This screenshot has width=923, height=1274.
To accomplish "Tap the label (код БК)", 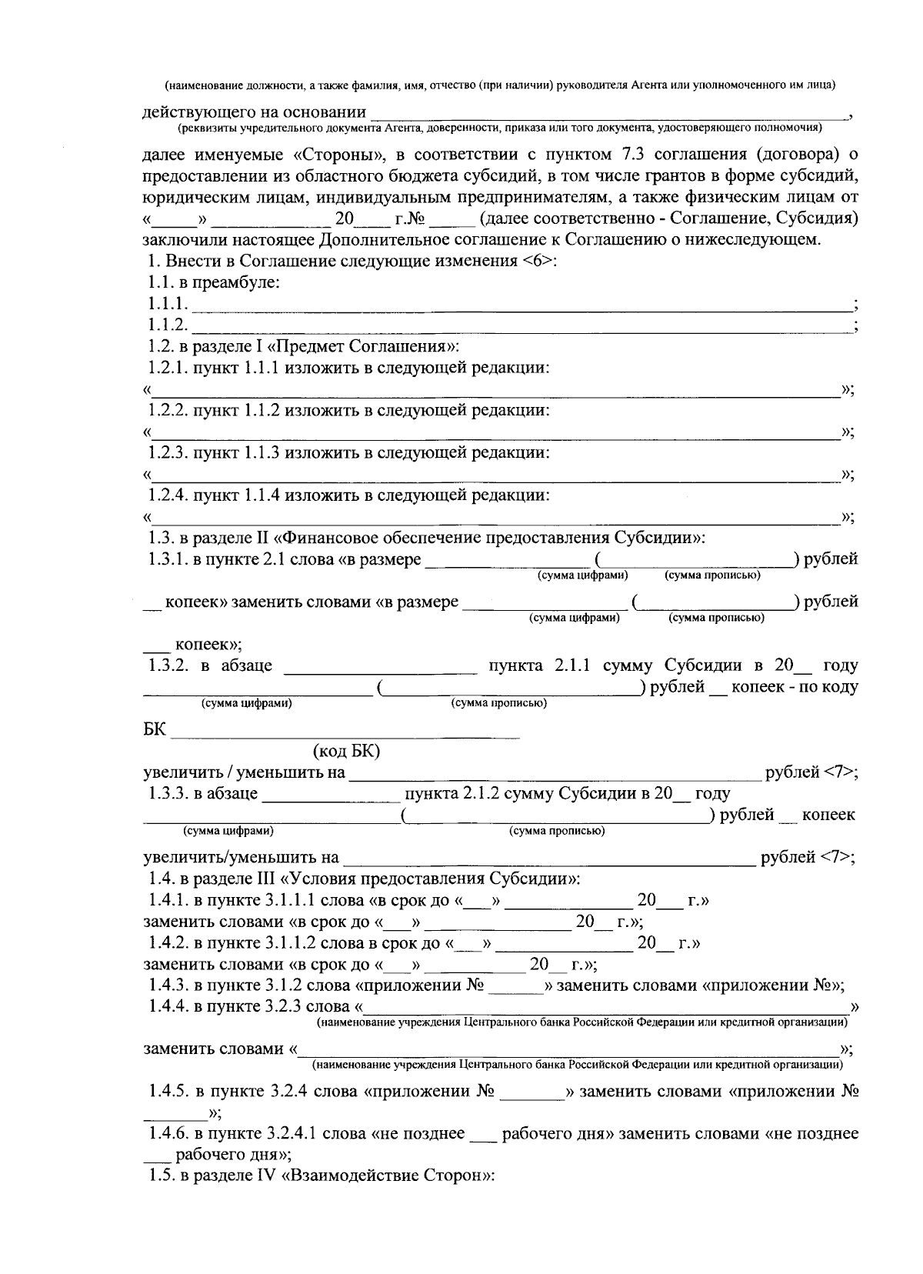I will pos(346,752).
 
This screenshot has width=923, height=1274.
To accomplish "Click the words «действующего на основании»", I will pos(254,113).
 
